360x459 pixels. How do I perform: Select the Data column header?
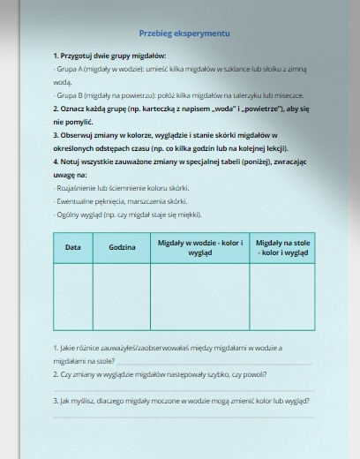[x=73, y=247]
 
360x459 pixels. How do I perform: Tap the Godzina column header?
[x=122, y=247]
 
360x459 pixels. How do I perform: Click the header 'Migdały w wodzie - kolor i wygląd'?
[x=199, y=246]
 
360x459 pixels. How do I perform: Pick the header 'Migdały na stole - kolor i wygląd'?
[x=282, y=246]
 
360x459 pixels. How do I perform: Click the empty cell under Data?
[x=73, y=297]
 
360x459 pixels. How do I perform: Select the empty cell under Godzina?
[x=122, y=297]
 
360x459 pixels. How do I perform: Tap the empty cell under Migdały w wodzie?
[x=199, y=297]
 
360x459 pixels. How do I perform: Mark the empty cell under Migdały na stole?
[x=282, y=297]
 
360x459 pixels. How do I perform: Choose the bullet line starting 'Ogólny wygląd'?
[x=128, y=214]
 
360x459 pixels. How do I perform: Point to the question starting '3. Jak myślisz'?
[x=182, y=400]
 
